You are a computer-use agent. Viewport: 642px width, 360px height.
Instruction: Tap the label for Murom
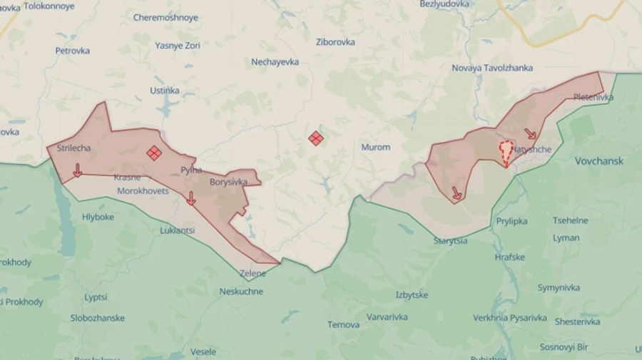[376, 148]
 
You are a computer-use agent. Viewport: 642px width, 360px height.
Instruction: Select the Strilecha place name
[73, 148]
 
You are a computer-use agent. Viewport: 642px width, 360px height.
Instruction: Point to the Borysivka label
[228, 182]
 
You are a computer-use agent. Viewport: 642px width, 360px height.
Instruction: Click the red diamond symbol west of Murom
[316, 138]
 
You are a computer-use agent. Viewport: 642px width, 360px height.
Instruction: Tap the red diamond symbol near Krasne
[154, 153]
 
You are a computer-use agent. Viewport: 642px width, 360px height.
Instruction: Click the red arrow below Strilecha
[77, 170]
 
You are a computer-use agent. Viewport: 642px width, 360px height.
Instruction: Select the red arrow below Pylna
[190, 198]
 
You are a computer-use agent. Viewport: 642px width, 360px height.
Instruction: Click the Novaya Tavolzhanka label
[492, 68]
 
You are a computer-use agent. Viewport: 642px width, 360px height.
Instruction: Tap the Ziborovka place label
[335, 42]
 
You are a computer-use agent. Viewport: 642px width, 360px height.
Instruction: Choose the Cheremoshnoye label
[165, 17]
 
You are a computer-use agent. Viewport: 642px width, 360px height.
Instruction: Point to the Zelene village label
[253, 273]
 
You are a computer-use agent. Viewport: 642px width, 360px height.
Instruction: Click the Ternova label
[343, 325]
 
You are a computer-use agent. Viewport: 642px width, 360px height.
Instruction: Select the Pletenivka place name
[593, 97]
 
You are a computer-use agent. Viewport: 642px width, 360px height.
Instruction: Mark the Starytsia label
[450, 241]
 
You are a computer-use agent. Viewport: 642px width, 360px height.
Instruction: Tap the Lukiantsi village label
[178, 230]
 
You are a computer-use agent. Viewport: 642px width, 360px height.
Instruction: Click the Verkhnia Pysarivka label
[509, 318]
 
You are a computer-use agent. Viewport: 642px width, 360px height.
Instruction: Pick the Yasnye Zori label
[177, 45]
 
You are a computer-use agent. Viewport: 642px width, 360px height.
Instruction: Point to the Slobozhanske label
[97, 318]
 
